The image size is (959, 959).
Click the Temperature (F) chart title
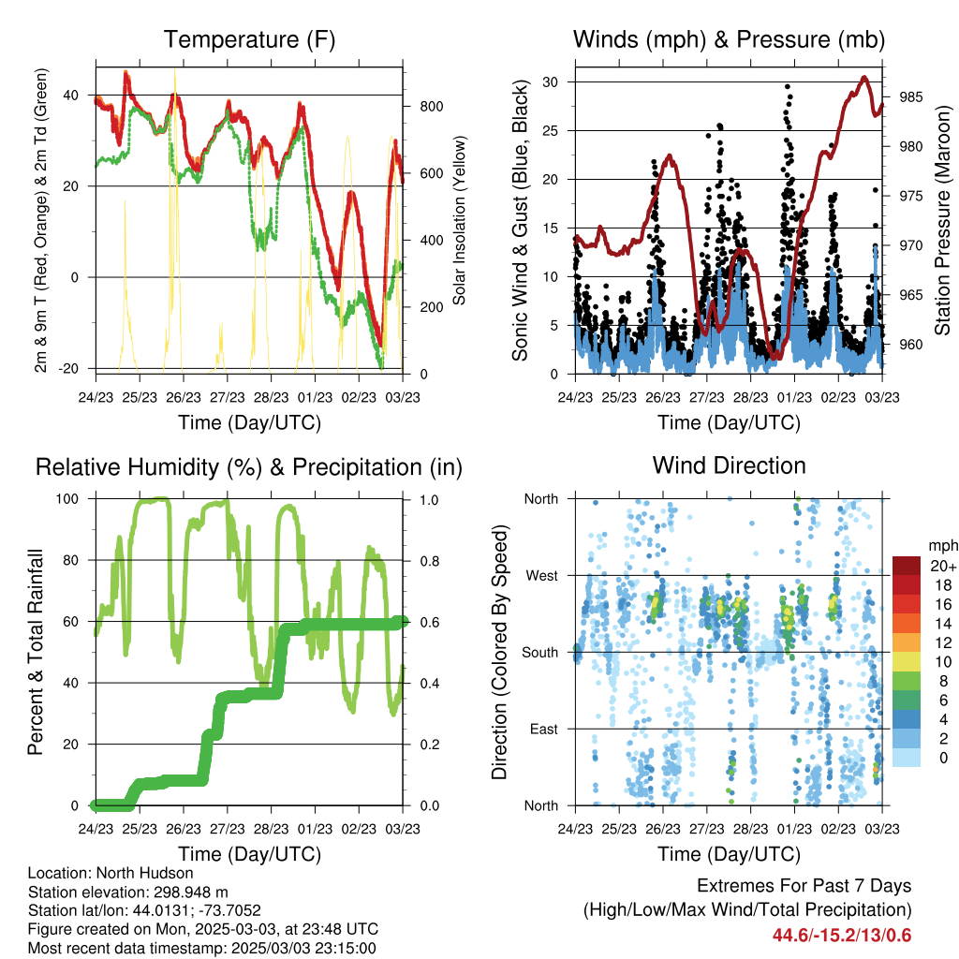pyautogui.click(x=249, y=39)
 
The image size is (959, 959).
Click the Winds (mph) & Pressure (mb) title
pyautogui.click(x=729, y=39)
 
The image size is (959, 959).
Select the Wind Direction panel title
pyautogui.click(x=729, y=465)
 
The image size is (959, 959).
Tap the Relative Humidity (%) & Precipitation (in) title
pyautogui.click(x=249, y=467)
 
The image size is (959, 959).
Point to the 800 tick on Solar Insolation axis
pyautogui.click(x=432, y=107)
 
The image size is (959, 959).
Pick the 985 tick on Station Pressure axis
pyautogui.click(x=911, y=97)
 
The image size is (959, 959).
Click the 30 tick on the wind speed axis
pyautogui.click(x=550, y=82)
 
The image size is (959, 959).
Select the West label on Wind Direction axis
pyautogui.click(x=542, y=576)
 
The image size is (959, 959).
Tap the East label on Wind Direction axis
pyautogui.click(x=544, y=729)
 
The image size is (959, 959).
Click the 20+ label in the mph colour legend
pyautogui.click(x=943, y=566)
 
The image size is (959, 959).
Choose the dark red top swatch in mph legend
pyautogui.click(x=907, y=567)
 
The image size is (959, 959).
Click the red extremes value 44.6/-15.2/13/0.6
pyautogui.click(x=842, y=936)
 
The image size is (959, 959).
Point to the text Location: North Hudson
pyautogui.click(x=111, y=873)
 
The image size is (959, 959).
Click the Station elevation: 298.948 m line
pyautogui.click(x=127, y=892)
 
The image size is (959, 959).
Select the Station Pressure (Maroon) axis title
pyautogui.click(x=942, y=220)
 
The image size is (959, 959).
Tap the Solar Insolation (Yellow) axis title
pyautogui.click(x=459, y=220)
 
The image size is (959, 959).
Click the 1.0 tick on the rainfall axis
pyautogui.click(x=429, y=500)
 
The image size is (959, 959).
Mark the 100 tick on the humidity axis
pyautogui.click(x=67, y=498)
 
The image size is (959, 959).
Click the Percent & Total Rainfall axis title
pyautogui.click(x=36, y=652)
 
